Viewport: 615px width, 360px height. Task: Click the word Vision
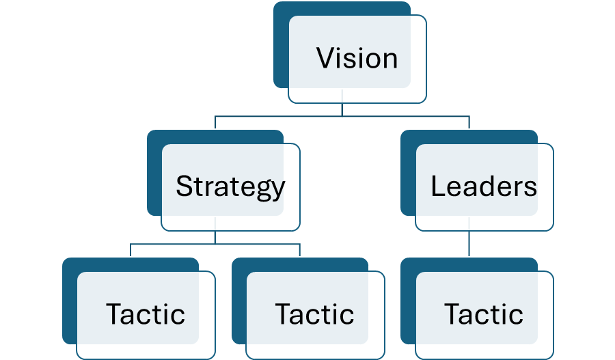click(357, 59)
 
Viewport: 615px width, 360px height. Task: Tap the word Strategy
click(230, 186)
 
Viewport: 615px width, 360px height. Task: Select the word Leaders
click(484, 186)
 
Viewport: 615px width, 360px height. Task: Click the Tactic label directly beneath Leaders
click(484, 314)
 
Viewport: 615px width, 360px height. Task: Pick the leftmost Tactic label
click(146, 314)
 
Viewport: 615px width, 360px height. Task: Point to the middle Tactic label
click(315, 314)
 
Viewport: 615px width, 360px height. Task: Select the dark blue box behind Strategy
click(154, 171)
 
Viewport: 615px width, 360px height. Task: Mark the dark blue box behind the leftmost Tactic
click(69, 301)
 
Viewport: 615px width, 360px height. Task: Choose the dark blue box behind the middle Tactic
click(238, 301)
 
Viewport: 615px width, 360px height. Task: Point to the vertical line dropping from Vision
click(342, 110)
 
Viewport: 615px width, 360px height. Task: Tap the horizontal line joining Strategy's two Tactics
click(215, 244)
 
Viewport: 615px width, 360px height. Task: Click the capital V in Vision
click(325, 59)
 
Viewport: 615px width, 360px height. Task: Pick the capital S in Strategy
click(184, 186)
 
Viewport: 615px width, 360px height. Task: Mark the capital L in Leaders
click(438, 186)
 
